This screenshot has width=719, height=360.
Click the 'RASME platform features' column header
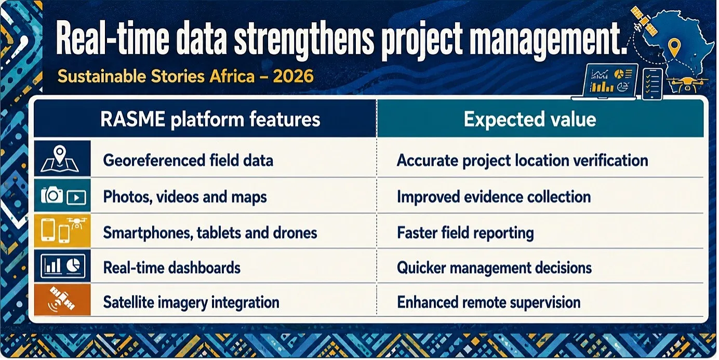210,119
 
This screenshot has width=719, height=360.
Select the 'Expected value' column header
530,119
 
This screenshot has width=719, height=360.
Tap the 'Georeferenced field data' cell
188,161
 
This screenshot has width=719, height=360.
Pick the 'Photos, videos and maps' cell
185,197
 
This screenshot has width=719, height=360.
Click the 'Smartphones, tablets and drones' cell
210,233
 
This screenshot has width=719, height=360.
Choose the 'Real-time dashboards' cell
172,268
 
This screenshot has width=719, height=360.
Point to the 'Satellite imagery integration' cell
191,302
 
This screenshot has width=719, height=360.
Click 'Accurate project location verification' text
523,161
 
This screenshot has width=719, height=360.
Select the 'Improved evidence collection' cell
494,197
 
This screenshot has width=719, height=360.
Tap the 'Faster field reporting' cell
465,233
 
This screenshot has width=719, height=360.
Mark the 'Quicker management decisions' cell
495,268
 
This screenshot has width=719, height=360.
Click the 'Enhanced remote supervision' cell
489,302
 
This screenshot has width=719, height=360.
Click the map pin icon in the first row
60,154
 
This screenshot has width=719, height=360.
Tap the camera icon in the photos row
51,194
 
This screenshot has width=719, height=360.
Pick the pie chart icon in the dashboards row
73,265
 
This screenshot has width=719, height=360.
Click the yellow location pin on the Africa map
674,47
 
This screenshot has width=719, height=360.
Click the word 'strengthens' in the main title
304,41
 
